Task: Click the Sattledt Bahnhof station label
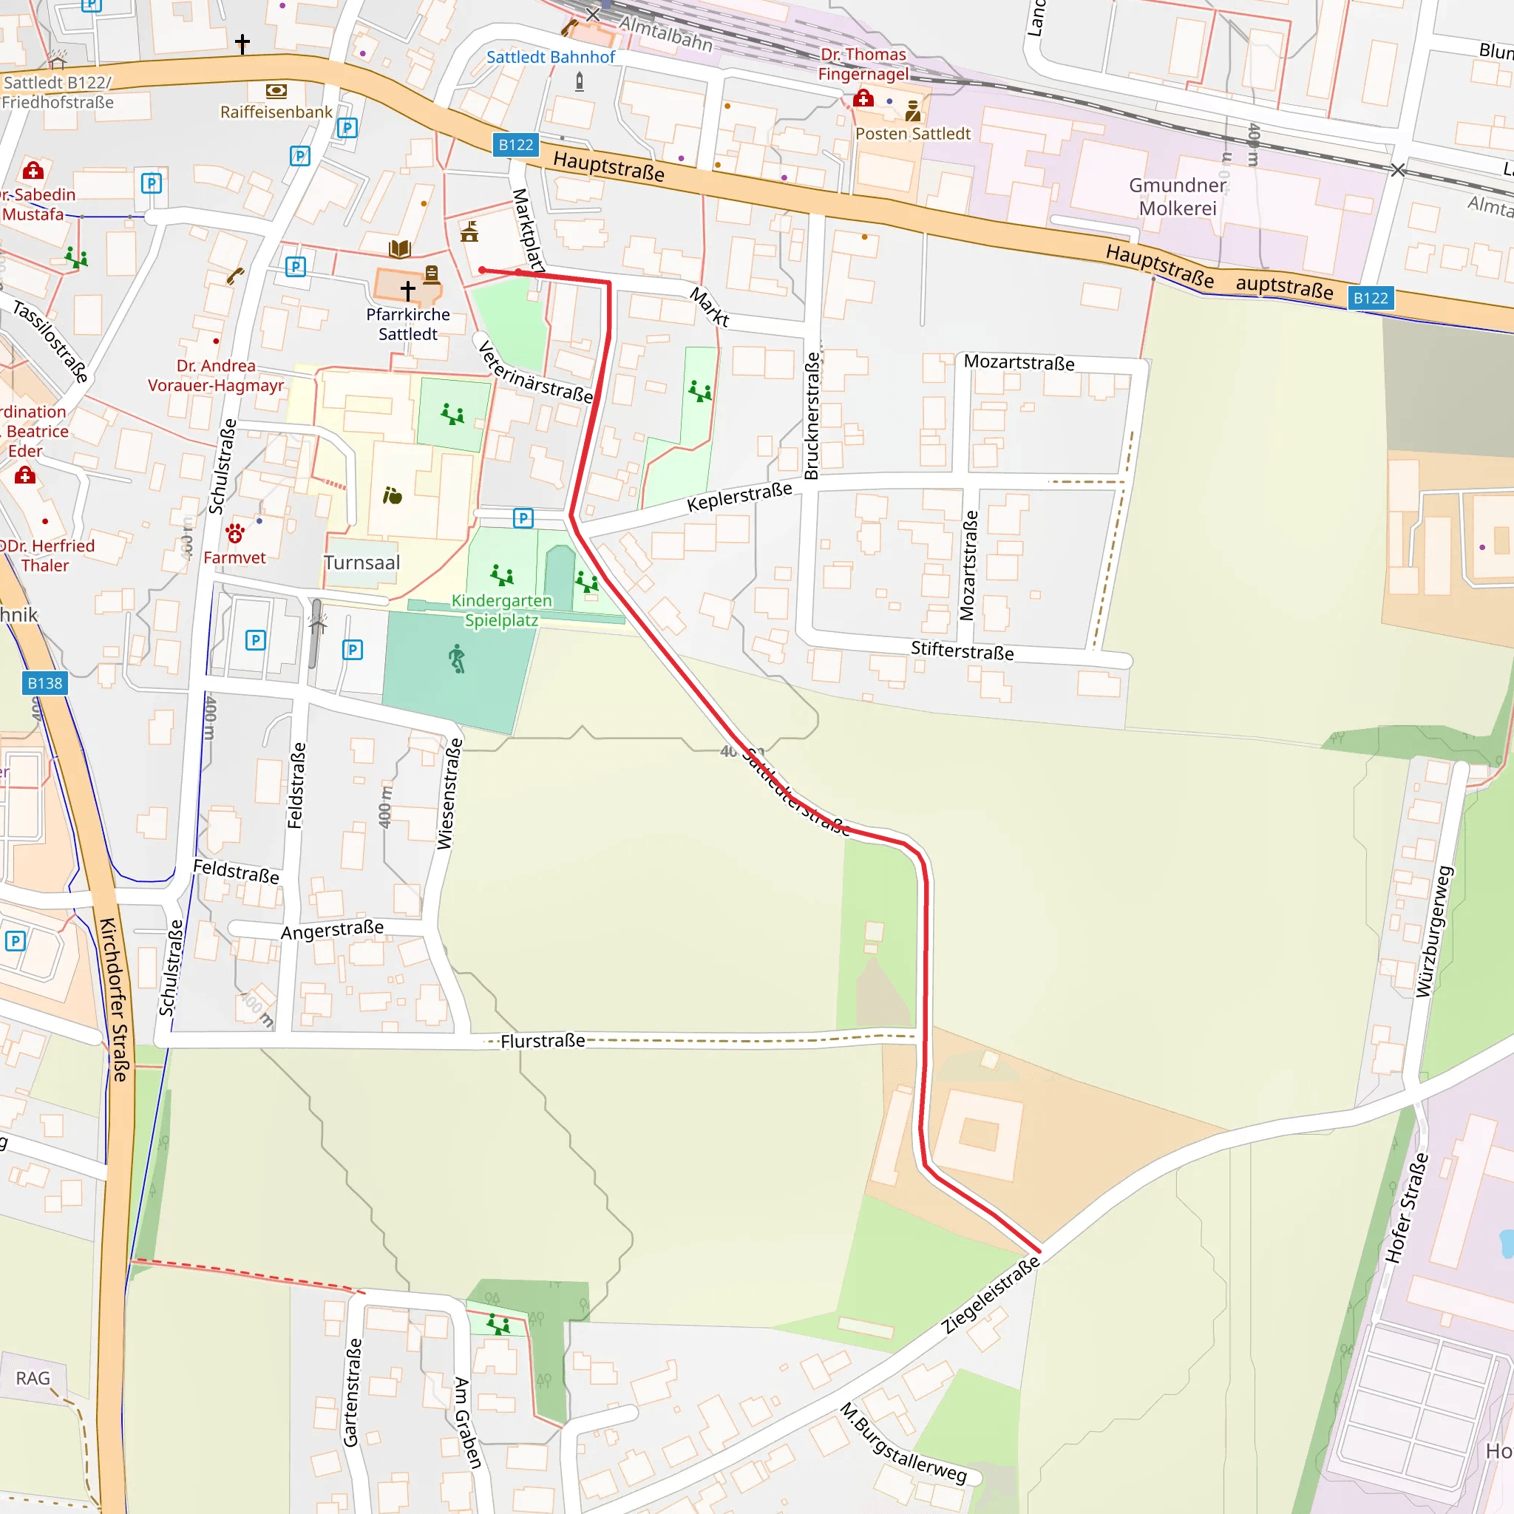click(550, 57)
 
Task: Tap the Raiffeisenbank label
click(276, 112)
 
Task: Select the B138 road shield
click(44, 683)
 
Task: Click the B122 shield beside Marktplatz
click(516, 145)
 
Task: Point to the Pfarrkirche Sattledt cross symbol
click(408, 290)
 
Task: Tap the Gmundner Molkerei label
click(1177, 197)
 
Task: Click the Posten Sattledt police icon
click(913, 112)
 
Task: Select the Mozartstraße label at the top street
click(1019, 363)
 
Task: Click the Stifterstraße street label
click(962, 651)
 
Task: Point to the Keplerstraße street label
click(739, 497)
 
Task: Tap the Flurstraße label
click(543, 1041)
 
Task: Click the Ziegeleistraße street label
click(991, 1294)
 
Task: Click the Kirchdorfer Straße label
click(114, 999)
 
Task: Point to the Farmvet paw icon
click(235, 534)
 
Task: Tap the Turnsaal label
click(362, 563)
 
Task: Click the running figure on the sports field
click(457, 659)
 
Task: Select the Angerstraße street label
click(332, 930)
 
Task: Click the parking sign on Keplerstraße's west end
click(523, 518)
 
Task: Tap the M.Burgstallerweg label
click(903, 1444)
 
